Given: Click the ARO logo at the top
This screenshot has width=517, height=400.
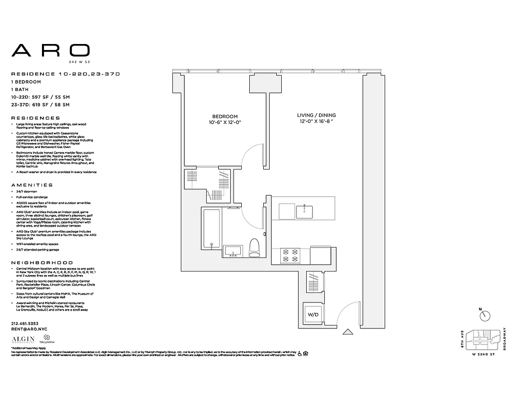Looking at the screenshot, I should point(50,50).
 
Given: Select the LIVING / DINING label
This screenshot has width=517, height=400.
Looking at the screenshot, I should point(316,115).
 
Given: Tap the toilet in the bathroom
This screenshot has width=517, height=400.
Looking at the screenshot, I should point(254,247).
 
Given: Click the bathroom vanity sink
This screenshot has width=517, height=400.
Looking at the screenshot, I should point(233,250).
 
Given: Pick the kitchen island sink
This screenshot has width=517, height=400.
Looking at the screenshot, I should point(304,211).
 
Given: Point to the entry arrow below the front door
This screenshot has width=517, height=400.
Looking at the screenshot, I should point(348,331).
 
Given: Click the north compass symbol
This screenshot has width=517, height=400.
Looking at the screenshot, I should point(484,316).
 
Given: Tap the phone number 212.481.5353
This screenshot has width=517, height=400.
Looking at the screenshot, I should point(24,323).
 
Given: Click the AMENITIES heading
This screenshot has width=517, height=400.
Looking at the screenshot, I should point(31,185).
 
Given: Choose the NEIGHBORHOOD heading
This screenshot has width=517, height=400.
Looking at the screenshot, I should point(42,262).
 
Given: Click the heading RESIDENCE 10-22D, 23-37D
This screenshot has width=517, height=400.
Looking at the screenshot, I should point(65,74).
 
